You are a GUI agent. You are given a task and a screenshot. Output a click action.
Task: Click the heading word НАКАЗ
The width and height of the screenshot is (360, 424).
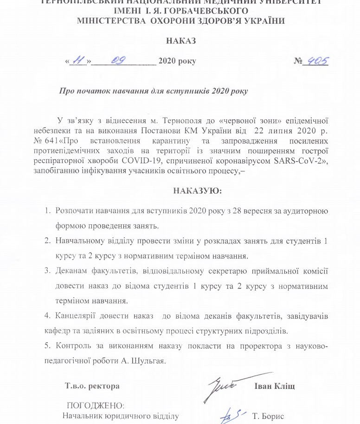pos(180,40)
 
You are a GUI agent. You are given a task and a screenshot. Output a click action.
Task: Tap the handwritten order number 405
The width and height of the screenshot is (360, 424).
pos(315,60)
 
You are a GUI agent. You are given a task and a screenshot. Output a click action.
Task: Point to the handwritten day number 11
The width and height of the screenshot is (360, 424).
pos(78,60)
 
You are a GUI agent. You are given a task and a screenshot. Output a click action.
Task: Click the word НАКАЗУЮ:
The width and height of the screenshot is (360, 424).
pos(198,190)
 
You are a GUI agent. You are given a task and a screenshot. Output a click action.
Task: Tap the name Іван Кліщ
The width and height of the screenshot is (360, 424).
pos(275,386)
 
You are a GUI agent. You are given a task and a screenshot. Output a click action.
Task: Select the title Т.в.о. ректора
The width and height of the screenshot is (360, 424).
pos(91,386)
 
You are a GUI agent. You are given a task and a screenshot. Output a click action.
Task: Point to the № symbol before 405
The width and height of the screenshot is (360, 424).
pos(297,61)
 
